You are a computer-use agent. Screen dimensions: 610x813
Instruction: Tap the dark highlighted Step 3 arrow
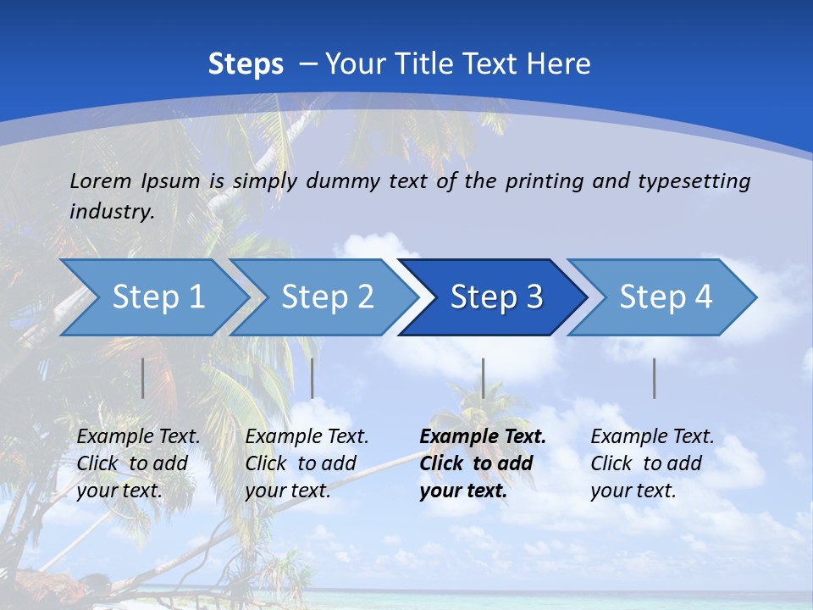click(495, 297)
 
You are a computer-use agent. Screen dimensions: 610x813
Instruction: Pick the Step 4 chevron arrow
click(666, 297)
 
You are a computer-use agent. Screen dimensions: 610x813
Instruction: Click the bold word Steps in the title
click(246, 64)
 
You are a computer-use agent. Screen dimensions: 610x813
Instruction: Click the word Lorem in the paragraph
click(101, 180)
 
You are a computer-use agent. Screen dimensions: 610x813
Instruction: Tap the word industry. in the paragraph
click(112, 211)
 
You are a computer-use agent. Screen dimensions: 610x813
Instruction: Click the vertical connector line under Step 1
click(142, 378)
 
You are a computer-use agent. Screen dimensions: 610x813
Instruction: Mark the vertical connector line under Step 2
click(312, 378)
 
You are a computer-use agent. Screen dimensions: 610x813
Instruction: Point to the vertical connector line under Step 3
click(483, 378)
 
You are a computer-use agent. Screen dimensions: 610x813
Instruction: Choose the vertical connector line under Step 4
click(654, 378)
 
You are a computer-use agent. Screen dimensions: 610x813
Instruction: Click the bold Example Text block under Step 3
click(482, 463)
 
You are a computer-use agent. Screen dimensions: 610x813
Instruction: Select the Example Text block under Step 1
click(138, 463)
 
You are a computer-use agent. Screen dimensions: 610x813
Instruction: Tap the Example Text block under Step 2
click(307, 463)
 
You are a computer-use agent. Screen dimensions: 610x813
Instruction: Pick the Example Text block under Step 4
click(652, 463)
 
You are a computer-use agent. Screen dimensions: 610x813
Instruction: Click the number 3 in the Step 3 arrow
click(534, 297)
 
